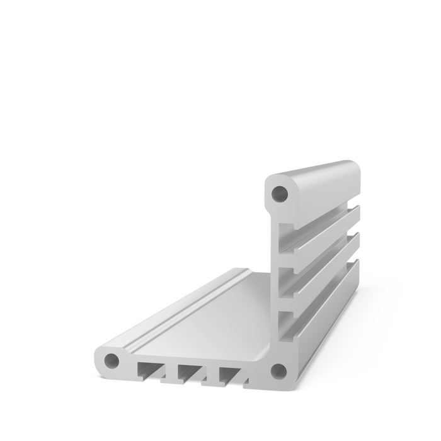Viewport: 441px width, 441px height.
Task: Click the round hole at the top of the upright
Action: click(x=278, y=192)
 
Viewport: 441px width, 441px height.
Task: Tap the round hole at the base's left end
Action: click(x=112, y=361)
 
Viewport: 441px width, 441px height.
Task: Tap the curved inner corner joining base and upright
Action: click(x=268, y=340)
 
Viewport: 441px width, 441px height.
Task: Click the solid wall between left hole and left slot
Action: click(x=128, y=365)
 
